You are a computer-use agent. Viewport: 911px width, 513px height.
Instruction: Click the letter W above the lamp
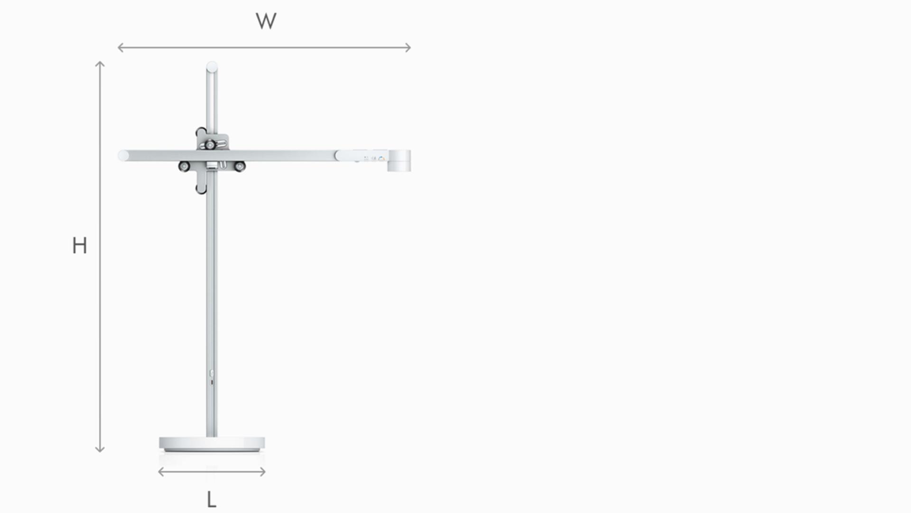point(266,21)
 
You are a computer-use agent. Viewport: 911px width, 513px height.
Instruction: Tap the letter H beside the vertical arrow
point(80,246)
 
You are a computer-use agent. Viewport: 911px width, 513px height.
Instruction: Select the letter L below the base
point(211,500)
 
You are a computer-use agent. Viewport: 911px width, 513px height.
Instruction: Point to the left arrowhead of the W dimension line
point(120,47)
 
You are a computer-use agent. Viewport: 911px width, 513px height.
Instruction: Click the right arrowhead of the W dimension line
point(409,47)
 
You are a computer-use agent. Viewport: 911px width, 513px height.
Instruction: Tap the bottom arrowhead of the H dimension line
point(100,449)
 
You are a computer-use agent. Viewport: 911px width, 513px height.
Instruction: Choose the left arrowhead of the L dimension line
point(160,472)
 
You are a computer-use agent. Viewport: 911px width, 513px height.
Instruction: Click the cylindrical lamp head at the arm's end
point(399,161)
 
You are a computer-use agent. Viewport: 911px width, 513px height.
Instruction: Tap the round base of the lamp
point(212,444)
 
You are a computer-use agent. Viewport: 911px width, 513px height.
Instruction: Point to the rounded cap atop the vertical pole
point(212,66)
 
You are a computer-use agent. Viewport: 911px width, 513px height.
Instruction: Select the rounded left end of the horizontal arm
point(123,155)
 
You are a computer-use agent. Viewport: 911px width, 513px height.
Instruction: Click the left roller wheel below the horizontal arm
point(184,166)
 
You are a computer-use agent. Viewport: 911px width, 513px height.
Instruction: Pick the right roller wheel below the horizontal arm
point(240,166)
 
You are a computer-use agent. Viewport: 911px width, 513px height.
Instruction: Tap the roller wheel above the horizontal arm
point(210,144)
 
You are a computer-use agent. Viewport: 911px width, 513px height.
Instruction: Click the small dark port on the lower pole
point(212,382)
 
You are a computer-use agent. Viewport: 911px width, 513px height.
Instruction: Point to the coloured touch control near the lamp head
point(381,158)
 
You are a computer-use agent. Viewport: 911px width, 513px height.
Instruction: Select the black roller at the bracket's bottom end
point(201,190)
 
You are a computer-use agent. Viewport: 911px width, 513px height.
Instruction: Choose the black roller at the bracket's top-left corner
point(201,131)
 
